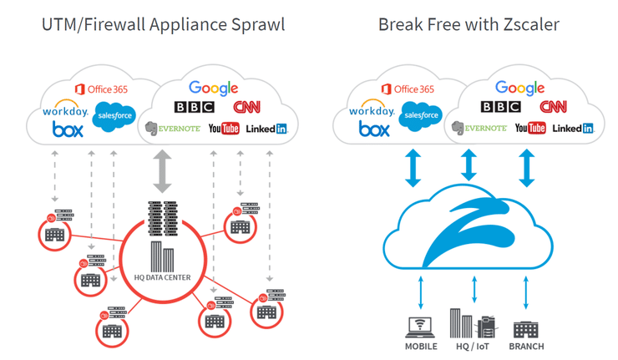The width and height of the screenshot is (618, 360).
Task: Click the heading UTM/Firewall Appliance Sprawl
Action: pyautogui.click(x=163, y=24)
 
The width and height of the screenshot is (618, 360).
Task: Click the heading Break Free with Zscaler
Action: pyautogui.click(x=469, y=24)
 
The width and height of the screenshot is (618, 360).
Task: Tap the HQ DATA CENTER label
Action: pyautogui.click(x=162, y=276)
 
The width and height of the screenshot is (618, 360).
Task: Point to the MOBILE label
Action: pyautogui.click(x=421, y=346)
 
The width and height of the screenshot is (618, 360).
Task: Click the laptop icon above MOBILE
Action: pyautogui.click(x=420, y=326)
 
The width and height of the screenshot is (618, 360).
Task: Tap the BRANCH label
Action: pyautogui.click(x=526, y=346)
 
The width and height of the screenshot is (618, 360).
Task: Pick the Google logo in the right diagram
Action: pyautogui.click(x=520, y=88)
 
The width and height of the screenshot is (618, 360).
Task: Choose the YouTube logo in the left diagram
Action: pyautogui.click(x=224, y=128)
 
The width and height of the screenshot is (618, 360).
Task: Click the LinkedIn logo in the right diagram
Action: pyautogui.click(x=573, y=128)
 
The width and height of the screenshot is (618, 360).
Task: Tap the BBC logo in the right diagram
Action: pyautogui.click(x=501, y=107)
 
